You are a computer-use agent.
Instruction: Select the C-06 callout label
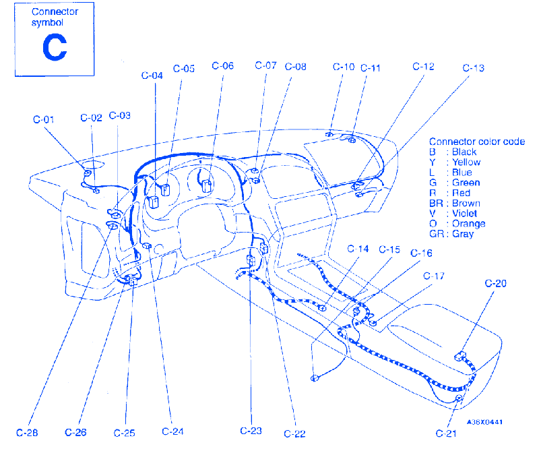(222, 66)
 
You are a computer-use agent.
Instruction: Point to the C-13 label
(474, 68)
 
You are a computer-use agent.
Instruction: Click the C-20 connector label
(495, 283)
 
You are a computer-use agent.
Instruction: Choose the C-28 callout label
(26, 432)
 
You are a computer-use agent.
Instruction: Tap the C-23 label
(251, 431)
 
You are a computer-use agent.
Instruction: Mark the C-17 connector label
(434, 276)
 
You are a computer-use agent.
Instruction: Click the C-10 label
(344, 67)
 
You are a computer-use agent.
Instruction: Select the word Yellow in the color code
(466, 162)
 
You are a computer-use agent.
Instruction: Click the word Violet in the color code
(465, 214)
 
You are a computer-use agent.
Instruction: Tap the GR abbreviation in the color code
(435, 234)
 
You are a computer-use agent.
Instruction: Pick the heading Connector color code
(476, 142)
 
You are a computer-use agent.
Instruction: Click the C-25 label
(125, 432)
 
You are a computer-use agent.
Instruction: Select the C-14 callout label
(358, 249)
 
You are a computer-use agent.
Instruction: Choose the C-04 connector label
(152, 76)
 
